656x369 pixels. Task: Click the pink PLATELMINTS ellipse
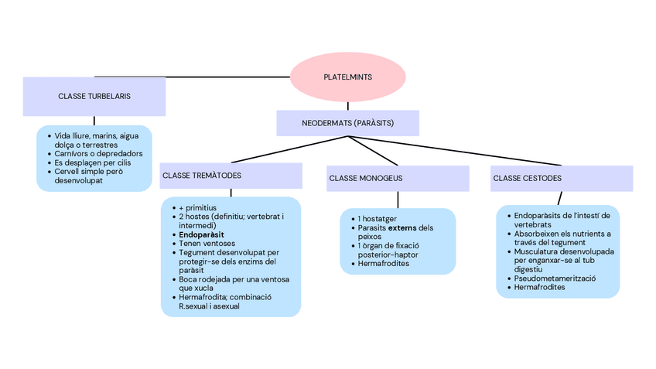tap(347, 77)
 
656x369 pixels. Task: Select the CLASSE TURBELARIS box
tap(94, 97)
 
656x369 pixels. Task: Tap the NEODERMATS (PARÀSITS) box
tap(347, 124)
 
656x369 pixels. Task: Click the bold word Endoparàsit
tap(203, 234)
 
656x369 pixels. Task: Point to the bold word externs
tap(402, 228)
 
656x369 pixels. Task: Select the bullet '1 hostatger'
tap(378, 219)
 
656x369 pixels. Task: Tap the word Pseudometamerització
tap(555, 278)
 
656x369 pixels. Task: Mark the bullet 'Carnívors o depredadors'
tap(98, 154)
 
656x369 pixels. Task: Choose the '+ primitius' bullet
tap(197, 207)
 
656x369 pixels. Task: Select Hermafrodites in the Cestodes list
tap(540, 287)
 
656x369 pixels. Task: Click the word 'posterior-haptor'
tap(389, 255)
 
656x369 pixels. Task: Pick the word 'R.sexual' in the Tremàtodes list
tap(195, 306)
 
